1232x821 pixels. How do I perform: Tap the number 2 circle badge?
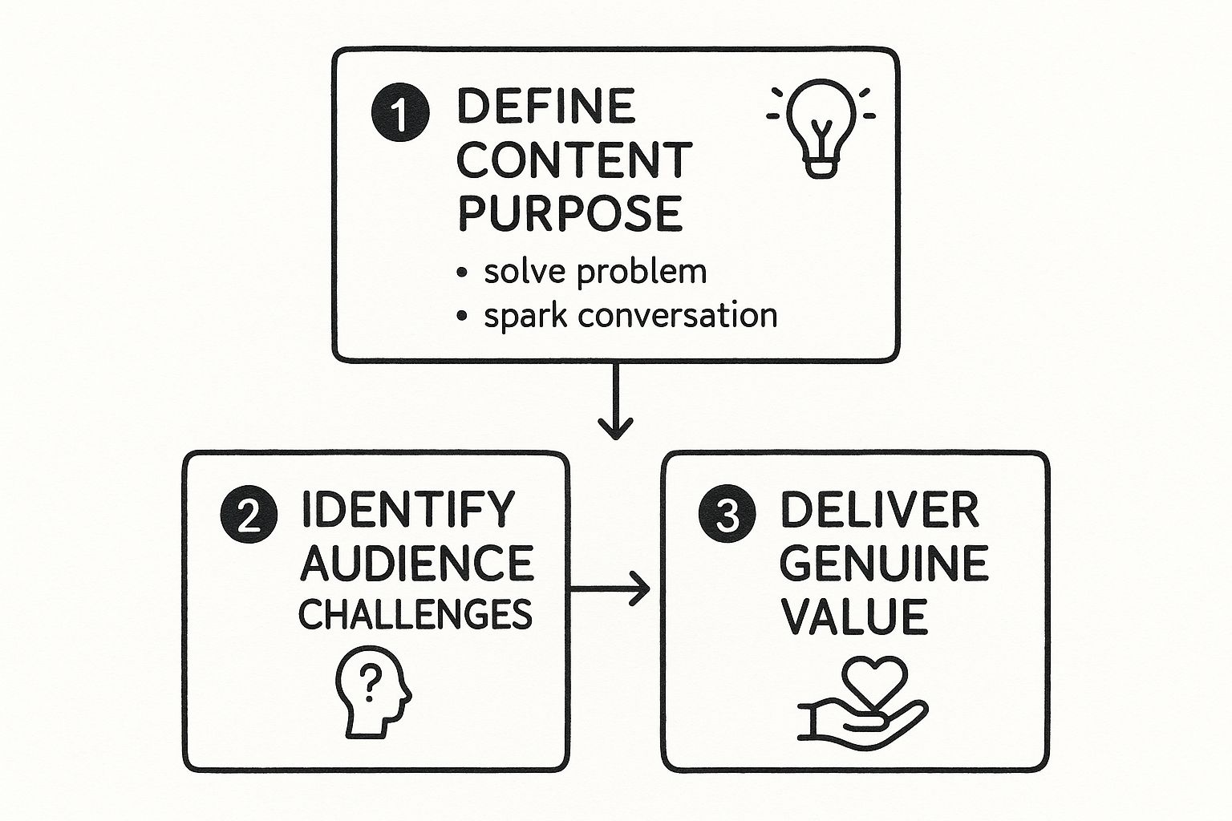[x=249, y=516]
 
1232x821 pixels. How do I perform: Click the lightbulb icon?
[x=821, y=127]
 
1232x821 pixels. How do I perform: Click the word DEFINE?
[x=546, y=107]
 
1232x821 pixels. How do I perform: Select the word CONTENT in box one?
[x=573, y=160]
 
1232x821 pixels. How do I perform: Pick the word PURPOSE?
[x=569, y=213]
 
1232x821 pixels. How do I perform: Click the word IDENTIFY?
[x=407, y=508]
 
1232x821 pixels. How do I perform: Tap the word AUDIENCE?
[x=416, y=563]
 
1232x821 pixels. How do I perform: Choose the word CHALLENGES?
[x=415, y=615]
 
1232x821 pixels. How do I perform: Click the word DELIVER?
[x=880, y=510]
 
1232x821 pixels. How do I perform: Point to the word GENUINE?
[x=883, y=564]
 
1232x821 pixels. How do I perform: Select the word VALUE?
[x=853, y=617]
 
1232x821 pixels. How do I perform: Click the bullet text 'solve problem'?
[x=595, y=272]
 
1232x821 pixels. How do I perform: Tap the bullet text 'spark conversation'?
[x=630, y=315]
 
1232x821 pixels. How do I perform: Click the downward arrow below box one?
[x=615, y=402]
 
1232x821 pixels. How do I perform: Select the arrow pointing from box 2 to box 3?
[x=610, y=589]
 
